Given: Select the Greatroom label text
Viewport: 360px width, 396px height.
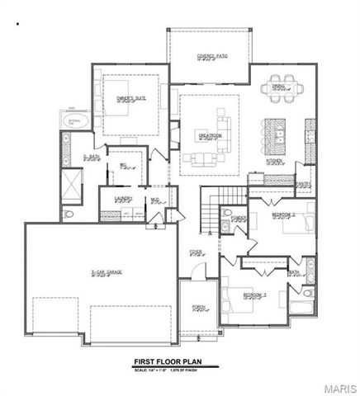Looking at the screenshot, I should click(x=208, y=134).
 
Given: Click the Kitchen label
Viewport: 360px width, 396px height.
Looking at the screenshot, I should click(x=274, y=162).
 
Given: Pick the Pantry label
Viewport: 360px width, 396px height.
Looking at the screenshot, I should click(x=304, y=184).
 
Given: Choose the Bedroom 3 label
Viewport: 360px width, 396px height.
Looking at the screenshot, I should click(x=254, y=294).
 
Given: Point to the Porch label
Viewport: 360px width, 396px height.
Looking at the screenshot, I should click(x=198, y=308).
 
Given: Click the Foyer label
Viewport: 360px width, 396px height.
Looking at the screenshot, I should click(x=197, y=252).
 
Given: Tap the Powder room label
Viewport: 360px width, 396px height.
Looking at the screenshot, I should click(x=239, y=219).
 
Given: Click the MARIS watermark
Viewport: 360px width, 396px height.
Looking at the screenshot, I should click(x=339, y=385).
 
